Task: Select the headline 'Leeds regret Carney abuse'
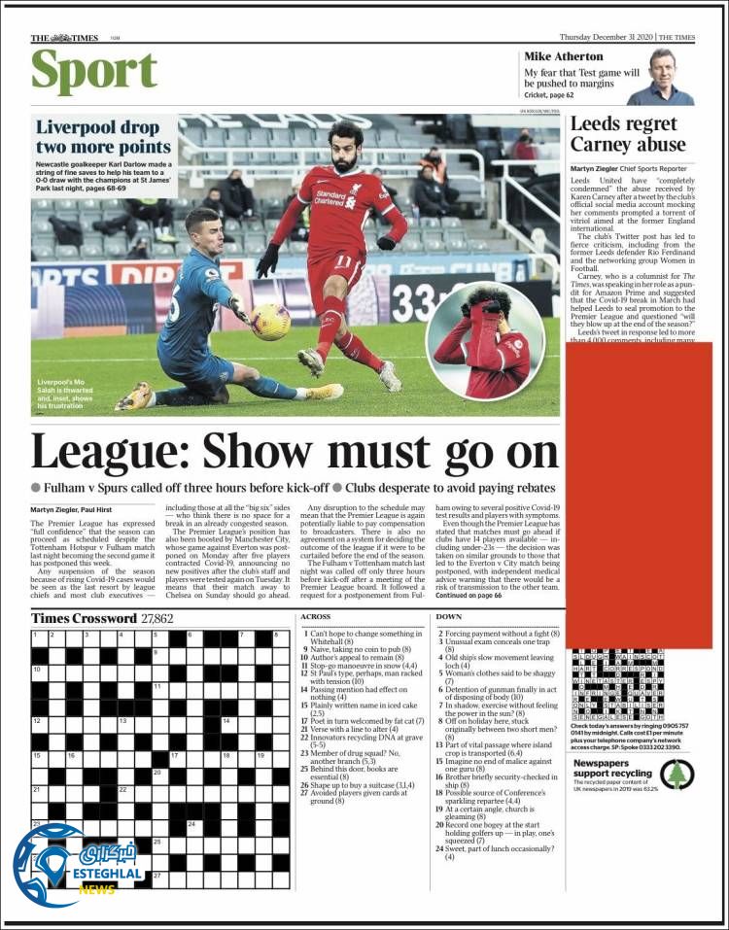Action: pyautogui.click(x=627, y=134)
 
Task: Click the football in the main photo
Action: pyautogui.click(x=271, y=322)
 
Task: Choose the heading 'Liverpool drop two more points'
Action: pyautogui.click(x=103, y=137)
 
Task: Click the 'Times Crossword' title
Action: pyautogui.click(x=84, y=618)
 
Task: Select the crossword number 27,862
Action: pyautogui.click(x=157, y=618)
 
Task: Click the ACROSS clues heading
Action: pyautogui.click(x=315, y=617)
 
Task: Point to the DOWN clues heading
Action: pyautogui.click(x=448, y=617)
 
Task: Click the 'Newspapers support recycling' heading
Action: pyautogui.click(x=612, y=768)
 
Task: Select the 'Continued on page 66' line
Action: pyautogui.click(x=469, y=596)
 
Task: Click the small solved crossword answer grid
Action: pyautogui.click(x=618, y=685)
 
